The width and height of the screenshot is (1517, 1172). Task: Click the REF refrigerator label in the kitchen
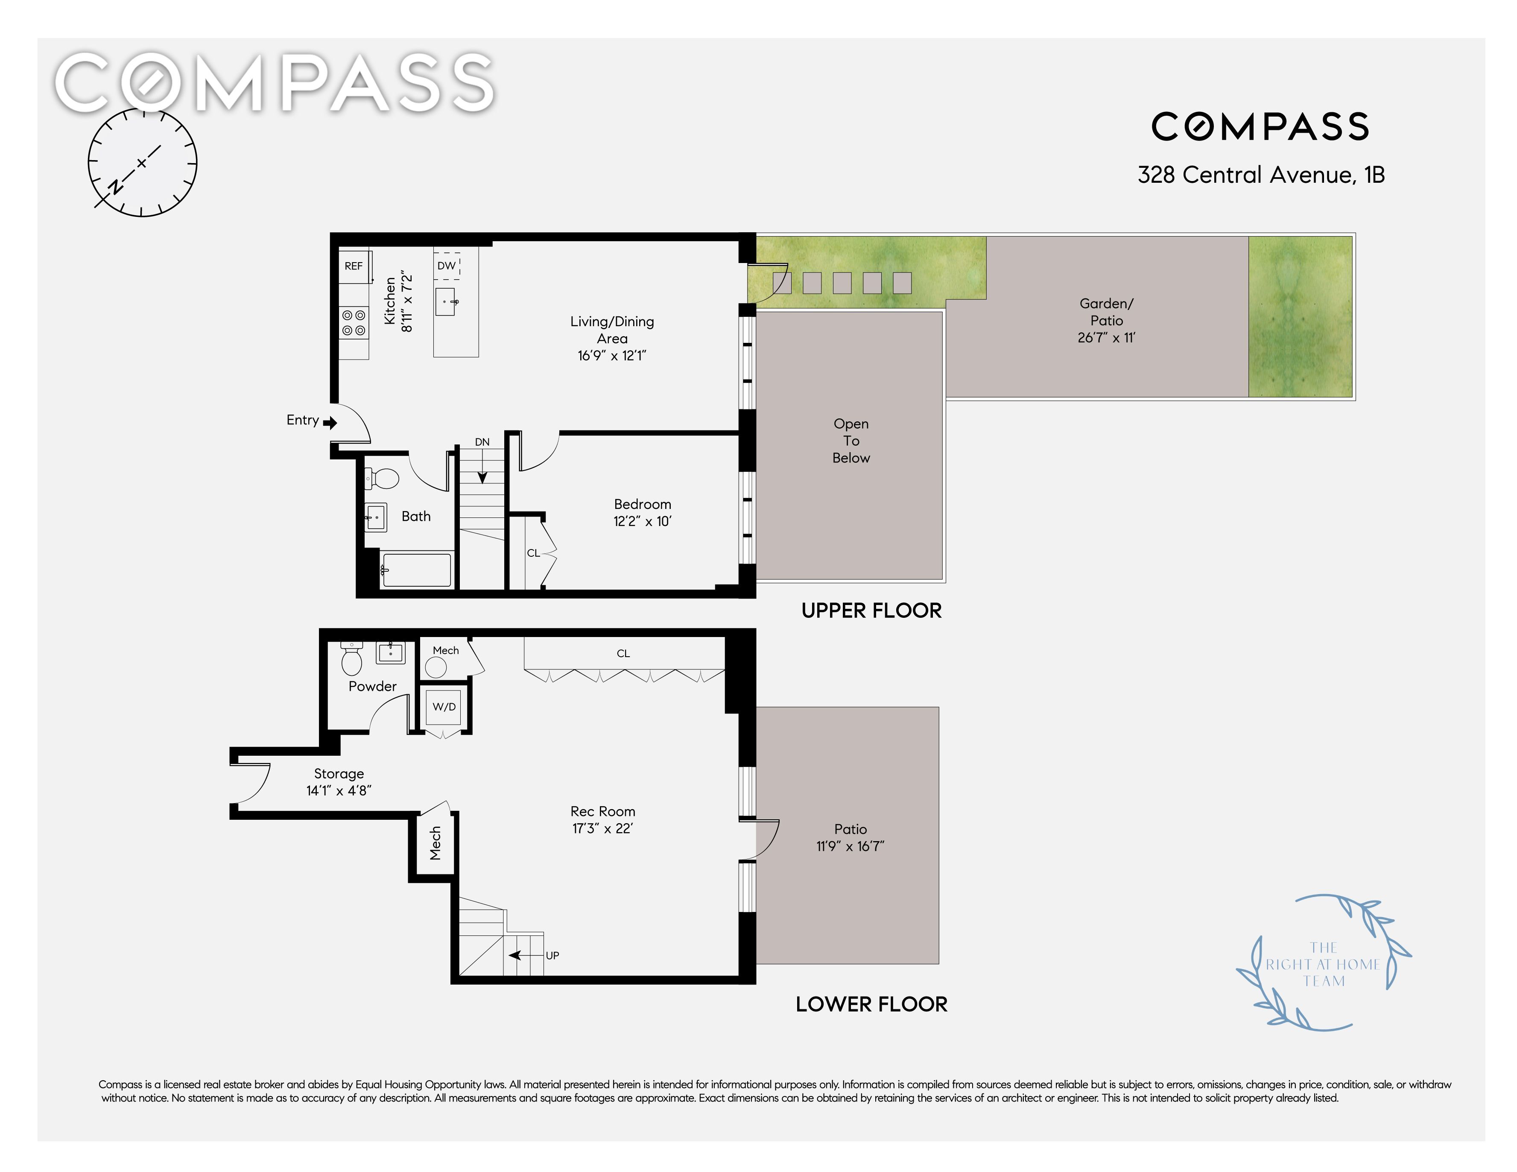[x=354, y=266]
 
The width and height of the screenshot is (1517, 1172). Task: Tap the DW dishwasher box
[x=447, y=266]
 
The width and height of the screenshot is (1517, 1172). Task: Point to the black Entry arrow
[x=330, y=422]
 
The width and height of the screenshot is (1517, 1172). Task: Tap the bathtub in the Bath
[x=416, y=570]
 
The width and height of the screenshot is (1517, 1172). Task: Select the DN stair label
[x=482, y=442]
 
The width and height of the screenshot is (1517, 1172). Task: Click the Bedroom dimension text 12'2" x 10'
[x=643, y=521]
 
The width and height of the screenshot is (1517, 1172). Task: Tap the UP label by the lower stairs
[x=552, y=955]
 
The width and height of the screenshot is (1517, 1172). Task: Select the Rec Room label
[x=603, y=812]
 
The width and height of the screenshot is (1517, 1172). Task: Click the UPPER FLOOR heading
[x=872, y=611]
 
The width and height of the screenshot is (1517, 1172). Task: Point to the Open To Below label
[x=851, y=441]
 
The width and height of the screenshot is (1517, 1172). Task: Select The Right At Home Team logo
[x=1323, y=964]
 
